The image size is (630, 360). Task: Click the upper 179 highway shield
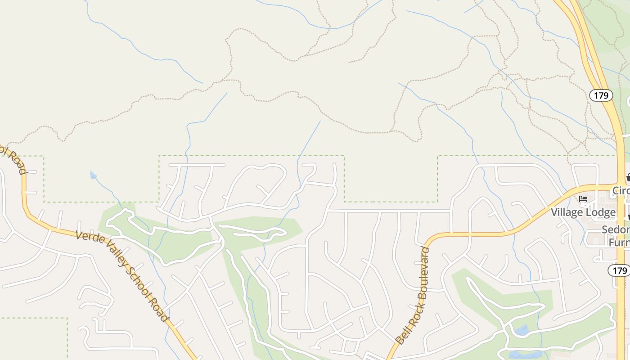coord(601,95)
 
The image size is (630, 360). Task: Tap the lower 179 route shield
coord(620,270)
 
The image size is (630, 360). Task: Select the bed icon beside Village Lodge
coord(584,199)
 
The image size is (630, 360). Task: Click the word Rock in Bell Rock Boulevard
coord(411,315)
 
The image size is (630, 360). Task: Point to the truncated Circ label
coord(621,191)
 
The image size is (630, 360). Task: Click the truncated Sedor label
coord(616,230)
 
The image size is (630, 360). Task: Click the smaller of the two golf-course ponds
coord(522,330)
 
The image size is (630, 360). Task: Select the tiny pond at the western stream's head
coord(93,175)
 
